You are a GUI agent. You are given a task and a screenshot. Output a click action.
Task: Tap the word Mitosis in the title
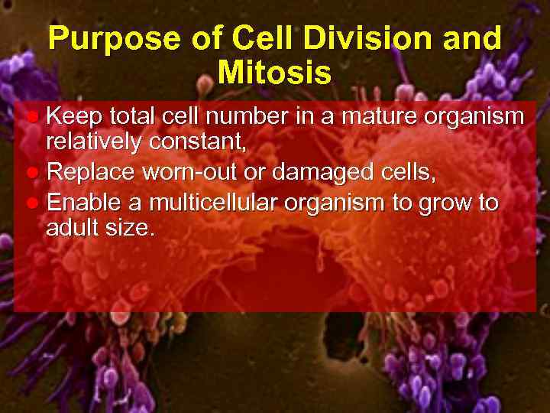point(274,73)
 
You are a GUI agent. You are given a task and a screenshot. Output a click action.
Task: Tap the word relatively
point(95,145)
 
